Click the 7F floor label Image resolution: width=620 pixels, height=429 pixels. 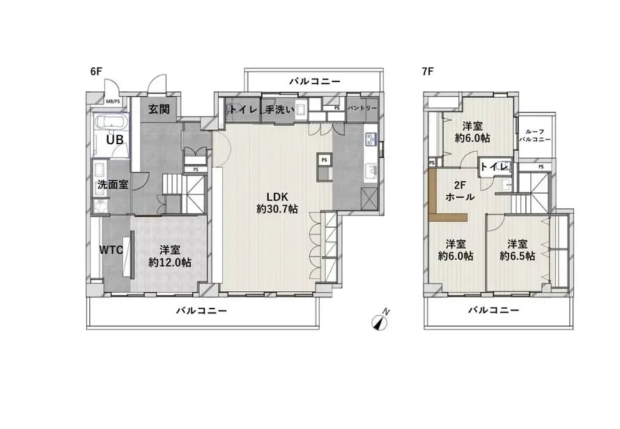(x=428, y=71)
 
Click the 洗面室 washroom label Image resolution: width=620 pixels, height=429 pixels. (x=112, y=185)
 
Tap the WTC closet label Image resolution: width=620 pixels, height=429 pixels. (x=111, y=249)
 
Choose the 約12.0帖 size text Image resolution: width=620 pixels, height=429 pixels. (x=169, y=263)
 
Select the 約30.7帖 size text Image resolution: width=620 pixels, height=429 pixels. (x=277, y=209)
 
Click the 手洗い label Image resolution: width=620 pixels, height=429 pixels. (x=279, y=109)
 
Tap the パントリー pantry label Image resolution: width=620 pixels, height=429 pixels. (x=362, y=109)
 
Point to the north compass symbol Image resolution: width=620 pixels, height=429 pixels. (x=380, y=322)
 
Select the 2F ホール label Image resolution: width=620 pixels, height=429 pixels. (x=460, y=192)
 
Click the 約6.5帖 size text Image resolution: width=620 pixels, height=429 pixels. (x=517, y=256)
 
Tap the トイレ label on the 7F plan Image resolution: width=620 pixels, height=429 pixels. (x=495, y=166)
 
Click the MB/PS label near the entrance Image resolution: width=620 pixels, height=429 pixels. (x=113, y=100)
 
